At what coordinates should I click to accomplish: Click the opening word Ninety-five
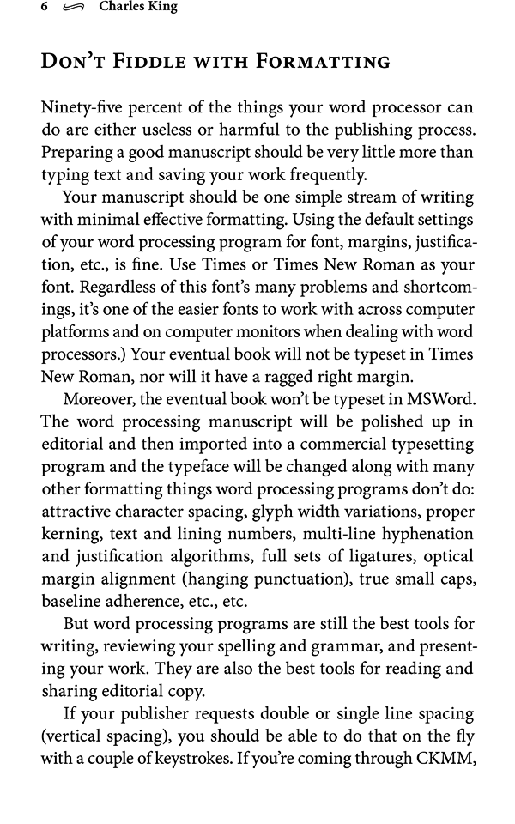(x=82, y=110)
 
